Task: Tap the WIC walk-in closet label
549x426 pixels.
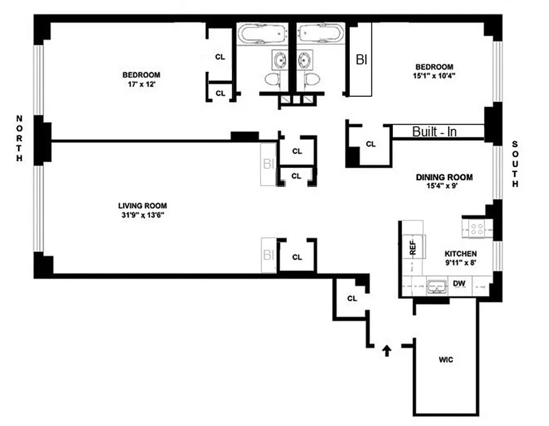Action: click(x=446, y=360)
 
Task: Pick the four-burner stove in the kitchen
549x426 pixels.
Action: click(x=477, y=229)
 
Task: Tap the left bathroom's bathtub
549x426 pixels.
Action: click(x=261, y=34)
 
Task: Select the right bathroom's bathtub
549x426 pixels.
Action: click(x=320, y=34)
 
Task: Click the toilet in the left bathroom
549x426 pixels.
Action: click(x=272, y=80)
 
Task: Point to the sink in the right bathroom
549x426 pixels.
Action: click(x=305, y=59)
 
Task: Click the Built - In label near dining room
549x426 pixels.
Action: click(x=434, y=132)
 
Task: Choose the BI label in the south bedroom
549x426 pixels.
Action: click(x=361, y=60)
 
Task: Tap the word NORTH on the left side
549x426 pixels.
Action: click(x=20, y=138)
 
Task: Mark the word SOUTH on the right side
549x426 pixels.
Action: click(x=515, y=165)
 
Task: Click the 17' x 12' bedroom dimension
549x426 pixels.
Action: click(x=141, y=84)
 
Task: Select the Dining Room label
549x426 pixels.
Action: click(x=444, y=177)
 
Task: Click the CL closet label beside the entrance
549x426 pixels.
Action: click(x=352, y=298)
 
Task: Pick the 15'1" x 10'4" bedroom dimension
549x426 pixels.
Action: click(x=434, y=76)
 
